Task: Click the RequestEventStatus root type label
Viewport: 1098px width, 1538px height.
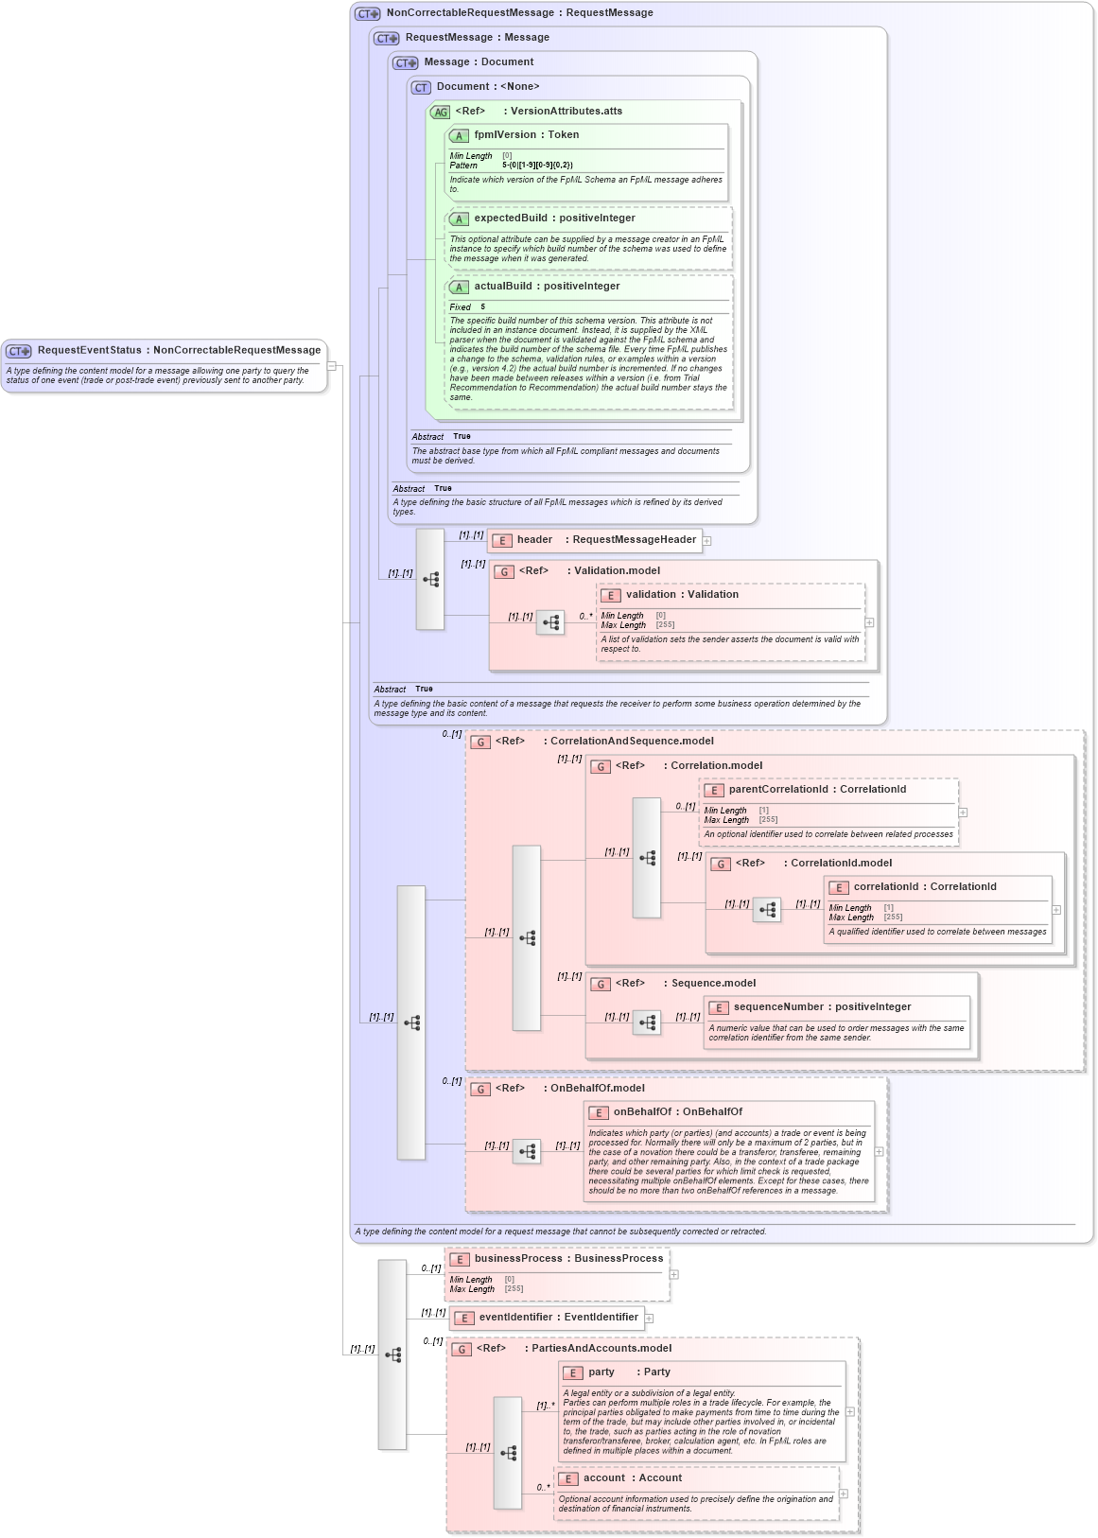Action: coord(89,350)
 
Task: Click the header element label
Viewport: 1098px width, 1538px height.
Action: coord(534,540)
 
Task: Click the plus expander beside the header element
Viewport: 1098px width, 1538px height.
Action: coord(706,541)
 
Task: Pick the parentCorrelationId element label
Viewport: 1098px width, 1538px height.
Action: coord(778,790)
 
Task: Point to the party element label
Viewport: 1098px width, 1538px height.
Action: coord(601,1372)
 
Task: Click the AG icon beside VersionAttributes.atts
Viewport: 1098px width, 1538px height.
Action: coord(440,113)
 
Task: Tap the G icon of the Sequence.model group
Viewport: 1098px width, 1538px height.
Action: coord(600,985)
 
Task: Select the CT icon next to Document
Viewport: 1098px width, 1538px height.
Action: coord(421,88)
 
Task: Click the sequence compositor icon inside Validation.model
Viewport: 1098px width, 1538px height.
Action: coord(550,622)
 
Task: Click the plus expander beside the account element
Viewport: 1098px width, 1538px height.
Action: coord(844,1494)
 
